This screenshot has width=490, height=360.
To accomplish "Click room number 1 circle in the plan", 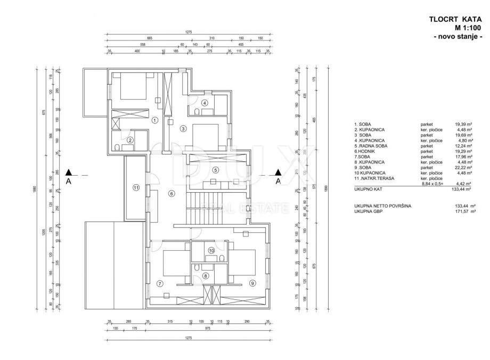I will click(x=154, y=120).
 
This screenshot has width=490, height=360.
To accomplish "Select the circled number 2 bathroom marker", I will click(x=130, y=141).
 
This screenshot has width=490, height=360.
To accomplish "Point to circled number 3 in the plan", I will click(x=183, y=128).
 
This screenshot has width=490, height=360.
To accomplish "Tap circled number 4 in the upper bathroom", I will click(x=205, y=103).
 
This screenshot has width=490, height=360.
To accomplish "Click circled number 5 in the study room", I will click(x=215, y=170).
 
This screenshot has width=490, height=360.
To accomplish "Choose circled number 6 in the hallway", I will click(x=171, y=194).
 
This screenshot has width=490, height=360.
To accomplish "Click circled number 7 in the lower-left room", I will click(x=160, y=283).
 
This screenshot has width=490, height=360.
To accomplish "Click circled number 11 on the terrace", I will click(x=136, y=187).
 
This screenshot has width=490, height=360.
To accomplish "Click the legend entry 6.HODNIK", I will click(x=365, y=151).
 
